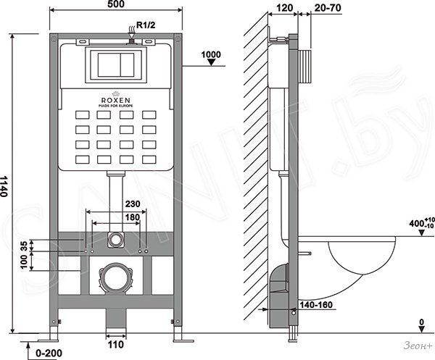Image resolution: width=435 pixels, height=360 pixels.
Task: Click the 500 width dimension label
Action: [x=116, y=4]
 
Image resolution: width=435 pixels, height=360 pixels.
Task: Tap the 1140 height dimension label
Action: [x=4, y=186]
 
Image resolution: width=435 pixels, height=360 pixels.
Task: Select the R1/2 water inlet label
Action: [x=146, y=25]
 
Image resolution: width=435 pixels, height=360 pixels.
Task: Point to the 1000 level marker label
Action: [x=211, y=54]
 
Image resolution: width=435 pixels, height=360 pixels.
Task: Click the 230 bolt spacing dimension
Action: [x=133, y=204]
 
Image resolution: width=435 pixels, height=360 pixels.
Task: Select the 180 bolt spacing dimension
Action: [x=133, y=217]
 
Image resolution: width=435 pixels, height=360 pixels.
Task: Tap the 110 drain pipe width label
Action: [x=116, y=345]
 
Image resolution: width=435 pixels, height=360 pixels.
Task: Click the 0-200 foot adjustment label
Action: [x=49, y=353]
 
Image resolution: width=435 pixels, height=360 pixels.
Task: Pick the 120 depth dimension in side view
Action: [x=285, y=8]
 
